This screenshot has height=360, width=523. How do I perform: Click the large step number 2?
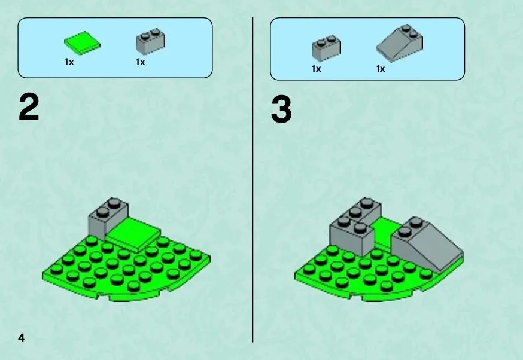click(29, 107)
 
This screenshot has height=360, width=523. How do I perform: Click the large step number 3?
click(281, 109)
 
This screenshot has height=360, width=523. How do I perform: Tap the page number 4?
click(22, 338)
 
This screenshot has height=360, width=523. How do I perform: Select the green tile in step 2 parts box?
click(82, 43)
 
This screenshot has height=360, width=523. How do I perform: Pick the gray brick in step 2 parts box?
click(150, 42)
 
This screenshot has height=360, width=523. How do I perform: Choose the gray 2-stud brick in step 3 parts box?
click(327, 48)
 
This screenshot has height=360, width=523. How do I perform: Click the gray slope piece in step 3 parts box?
click(400, 43)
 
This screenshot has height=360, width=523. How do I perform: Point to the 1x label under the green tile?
click(69, 62)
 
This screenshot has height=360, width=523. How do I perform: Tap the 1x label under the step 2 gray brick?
click(141, 62)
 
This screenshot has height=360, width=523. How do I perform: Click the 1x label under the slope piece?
click(381, 69)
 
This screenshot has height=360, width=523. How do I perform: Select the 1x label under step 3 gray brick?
click(316, 69)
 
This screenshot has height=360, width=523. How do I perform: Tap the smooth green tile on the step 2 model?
click(133, 235)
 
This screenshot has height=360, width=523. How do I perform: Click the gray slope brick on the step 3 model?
click(427, 243)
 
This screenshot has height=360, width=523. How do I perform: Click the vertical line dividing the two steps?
click(253, 180)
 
